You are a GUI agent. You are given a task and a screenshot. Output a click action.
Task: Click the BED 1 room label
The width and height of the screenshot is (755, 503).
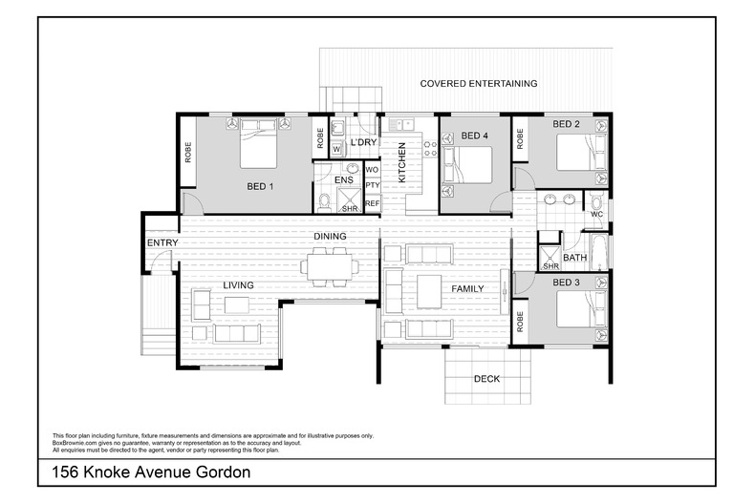(x=260, y=186)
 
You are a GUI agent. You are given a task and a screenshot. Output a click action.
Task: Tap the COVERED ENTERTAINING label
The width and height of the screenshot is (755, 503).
(x=479, y=84)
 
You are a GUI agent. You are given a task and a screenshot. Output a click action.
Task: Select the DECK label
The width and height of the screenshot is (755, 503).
(x=486, y=379)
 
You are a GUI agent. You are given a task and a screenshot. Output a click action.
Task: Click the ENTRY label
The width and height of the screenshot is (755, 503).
(x=162, y=243)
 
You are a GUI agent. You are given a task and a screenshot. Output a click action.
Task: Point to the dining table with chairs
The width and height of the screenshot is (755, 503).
(x=327, y=265)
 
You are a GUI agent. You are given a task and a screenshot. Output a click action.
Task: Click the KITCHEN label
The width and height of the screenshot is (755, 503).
(x=402, y=162)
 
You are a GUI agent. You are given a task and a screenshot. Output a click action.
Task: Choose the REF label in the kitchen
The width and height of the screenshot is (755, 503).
(x=372, y=203)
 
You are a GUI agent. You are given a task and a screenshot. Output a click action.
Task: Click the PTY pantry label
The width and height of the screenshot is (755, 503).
(x=372, y=186)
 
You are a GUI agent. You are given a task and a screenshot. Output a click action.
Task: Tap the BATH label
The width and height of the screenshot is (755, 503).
(x=574, y=258)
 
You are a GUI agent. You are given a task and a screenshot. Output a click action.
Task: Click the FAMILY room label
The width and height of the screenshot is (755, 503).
(x=467, y=289)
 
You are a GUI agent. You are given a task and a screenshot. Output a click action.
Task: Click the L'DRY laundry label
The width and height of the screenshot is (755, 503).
(x=363, y=143)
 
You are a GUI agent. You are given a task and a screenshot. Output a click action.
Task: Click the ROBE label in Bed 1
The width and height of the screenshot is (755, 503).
(x=188, y=152)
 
